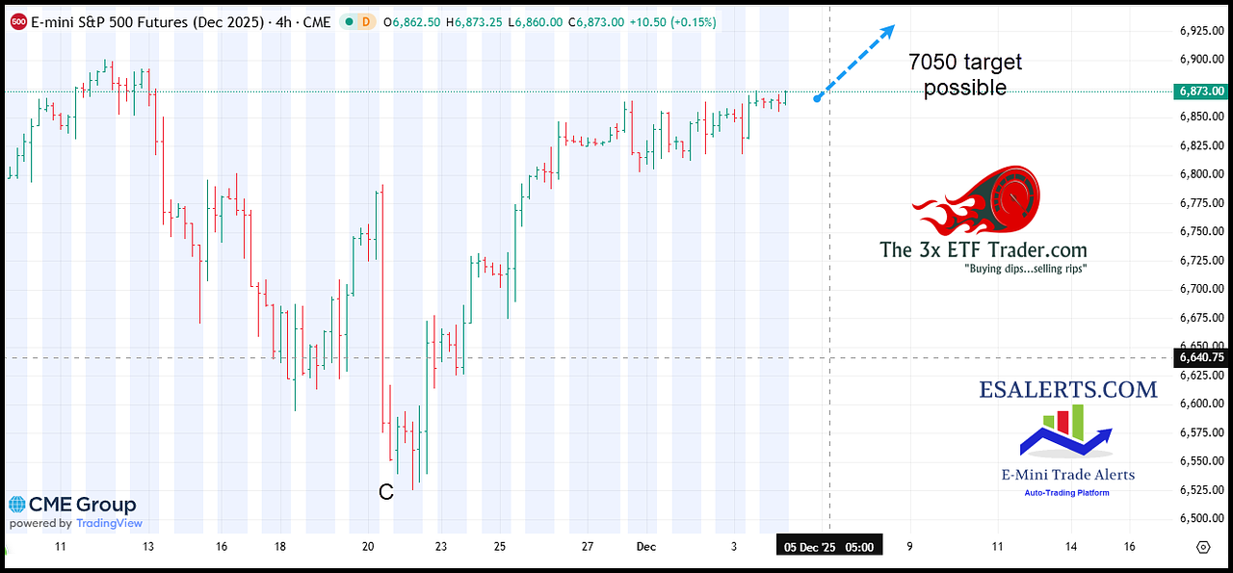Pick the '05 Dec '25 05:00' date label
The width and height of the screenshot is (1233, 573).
[x=829, y=547]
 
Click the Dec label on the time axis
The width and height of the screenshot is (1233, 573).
[x=645, y=547]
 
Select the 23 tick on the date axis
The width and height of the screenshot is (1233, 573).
[x=439, y=547]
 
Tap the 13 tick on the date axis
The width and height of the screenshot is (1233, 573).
[x=147, y=547]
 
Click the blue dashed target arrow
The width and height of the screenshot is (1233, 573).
[x=855, y=62]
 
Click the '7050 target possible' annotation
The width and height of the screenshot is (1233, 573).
[x=965, y=75]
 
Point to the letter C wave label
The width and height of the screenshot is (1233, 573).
[x=385, y=493]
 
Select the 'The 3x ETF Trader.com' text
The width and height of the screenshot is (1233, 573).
[x=983, y=250]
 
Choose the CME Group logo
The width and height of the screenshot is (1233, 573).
[x=73, y=505]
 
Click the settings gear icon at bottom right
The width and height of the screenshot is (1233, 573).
[x=1202, y=547]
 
